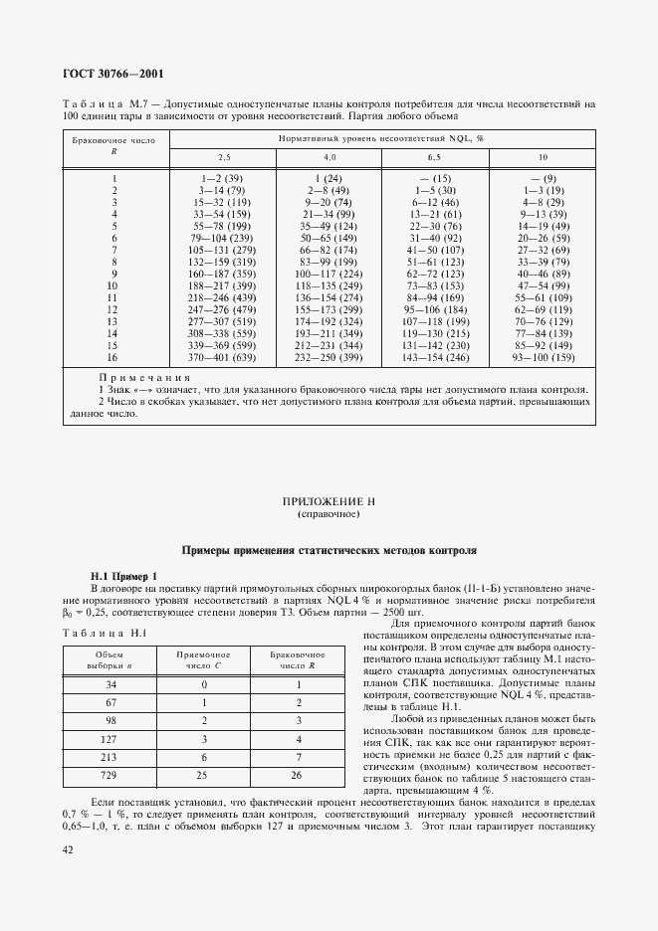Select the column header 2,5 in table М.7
coord(224,157)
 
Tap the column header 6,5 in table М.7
coord(434,157)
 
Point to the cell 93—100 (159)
coord(543,357)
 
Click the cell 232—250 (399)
coord(329,357)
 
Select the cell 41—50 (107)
coord(434,250)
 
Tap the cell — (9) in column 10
coord(543,177)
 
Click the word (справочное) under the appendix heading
coord(329,516)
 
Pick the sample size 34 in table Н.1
coord(110,684)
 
